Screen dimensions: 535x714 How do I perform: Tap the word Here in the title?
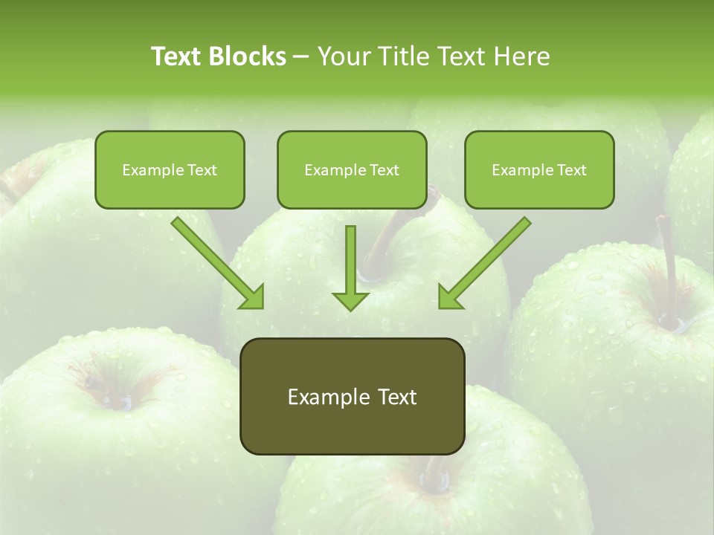(x=521, y=56)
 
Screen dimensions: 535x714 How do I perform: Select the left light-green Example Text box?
(x=170, y=169)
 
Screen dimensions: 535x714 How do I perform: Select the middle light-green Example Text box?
(x=352, y=169)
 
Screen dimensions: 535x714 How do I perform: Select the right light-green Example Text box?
(x=539, y=169)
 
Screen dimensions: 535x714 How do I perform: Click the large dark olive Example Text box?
(x=352, y=396)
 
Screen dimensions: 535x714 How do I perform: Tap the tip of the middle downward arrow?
(x=350, y=308)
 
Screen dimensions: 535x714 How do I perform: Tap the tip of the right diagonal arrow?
(x=440, y=306)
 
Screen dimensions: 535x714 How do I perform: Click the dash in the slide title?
(x=301, y=57)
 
